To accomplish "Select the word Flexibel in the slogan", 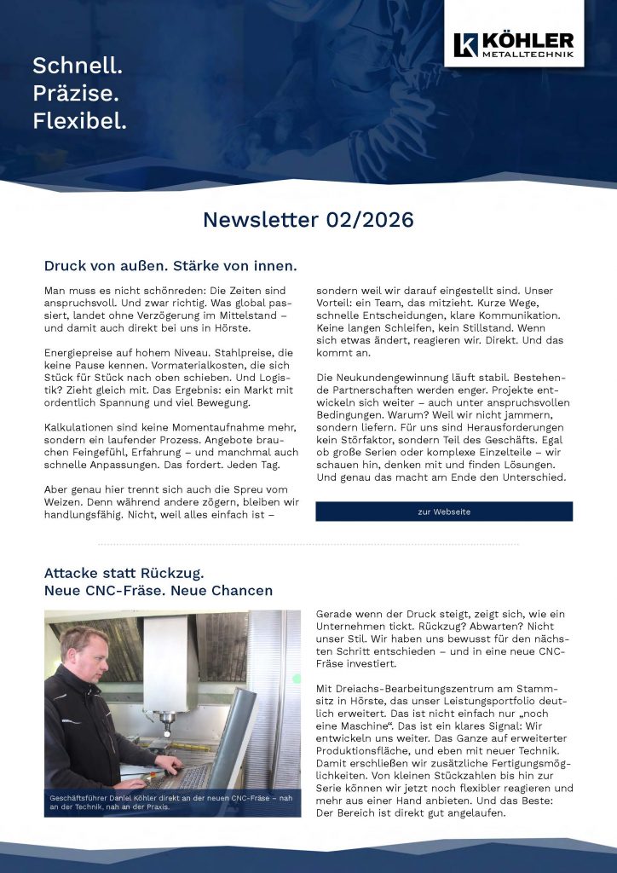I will (79, 122).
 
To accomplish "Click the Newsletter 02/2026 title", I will (308, 220).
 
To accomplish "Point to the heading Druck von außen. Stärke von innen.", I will (170, 266).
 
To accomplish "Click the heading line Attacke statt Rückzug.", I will (124, 573).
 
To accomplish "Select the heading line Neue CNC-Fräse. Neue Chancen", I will (159, 590).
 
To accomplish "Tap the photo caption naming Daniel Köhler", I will (170, 801).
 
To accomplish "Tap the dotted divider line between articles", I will (308, 543).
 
